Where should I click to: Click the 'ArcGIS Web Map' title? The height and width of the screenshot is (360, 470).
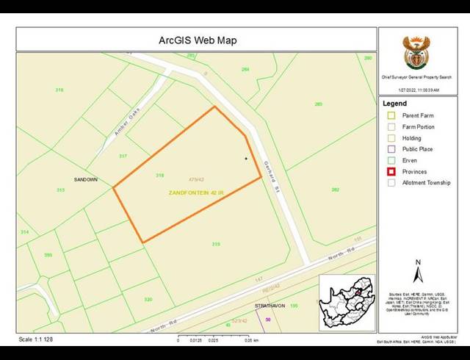point(198,40)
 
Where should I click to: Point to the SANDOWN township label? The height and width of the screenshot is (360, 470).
point(86,179)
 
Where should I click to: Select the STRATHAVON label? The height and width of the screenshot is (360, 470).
point(270,305)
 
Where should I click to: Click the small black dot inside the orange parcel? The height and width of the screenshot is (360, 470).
point(245,158)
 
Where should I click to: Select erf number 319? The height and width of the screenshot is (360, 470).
point(216,244)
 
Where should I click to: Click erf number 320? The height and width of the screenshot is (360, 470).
point(148,299)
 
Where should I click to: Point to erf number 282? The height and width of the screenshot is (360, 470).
point(335,190)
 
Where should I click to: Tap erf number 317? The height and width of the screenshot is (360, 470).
point(123,156)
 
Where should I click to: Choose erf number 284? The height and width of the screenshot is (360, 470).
point(245,70)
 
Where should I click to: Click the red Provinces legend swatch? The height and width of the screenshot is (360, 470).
point(391,171)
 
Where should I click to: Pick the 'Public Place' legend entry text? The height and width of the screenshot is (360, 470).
point(416,149)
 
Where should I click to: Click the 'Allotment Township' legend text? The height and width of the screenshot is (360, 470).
point(426,182)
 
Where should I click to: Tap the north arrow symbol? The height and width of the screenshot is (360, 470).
point(418,273)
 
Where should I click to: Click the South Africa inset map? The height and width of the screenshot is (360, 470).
point(345,302)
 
